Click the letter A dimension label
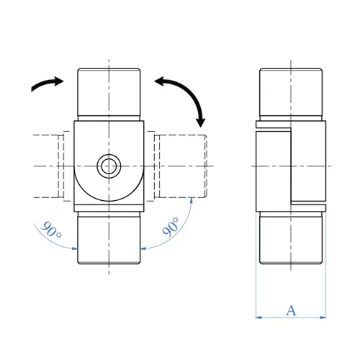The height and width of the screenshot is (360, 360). pos(291,310)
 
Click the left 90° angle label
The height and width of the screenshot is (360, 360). pos(51,230)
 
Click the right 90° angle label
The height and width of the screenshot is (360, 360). pos(171,227)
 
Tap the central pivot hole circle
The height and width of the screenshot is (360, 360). pos(109,166)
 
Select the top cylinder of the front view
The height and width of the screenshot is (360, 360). pos(109,94)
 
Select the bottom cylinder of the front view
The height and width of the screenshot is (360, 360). pos(109,238)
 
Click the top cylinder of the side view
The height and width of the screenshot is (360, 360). pos(291,94)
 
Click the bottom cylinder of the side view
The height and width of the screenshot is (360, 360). pos(291,238)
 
